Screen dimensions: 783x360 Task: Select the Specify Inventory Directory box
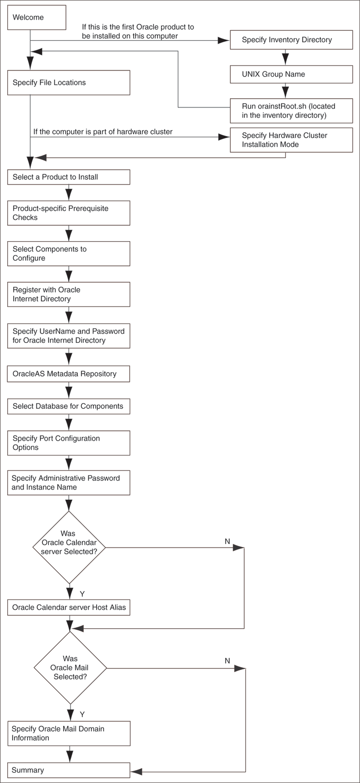coord(291,40)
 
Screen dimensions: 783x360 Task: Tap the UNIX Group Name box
coord(291,74)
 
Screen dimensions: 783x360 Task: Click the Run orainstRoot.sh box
coord(291,111)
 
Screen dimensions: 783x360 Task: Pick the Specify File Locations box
coord(68,83)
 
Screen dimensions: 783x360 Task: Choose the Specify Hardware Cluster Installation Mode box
coord(291,140)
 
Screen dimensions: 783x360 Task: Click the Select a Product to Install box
coord(68,177)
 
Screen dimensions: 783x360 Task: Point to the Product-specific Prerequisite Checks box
coord(68,213)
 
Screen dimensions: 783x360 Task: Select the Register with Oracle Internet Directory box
coord(68,294)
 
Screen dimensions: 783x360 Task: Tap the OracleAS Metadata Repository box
coord(68,374)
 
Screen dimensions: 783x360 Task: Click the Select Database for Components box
coord(68,406)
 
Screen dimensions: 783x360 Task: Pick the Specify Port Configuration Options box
coord(68,443)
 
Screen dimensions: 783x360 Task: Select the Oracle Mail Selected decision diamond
coord(70,668)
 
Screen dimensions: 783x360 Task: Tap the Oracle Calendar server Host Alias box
coord(68,608)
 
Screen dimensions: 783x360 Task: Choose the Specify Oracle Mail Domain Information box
coord(68,734)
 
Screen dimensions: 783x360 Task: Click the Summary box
coord(68,770)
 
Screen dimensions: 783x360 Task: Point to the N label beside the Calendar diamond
coord(227,541)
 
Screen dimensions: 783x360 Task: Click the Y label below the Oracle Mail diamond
coord(82,714)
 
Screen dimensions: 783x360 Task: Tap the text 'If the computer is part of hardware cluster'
coord(103,132)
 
